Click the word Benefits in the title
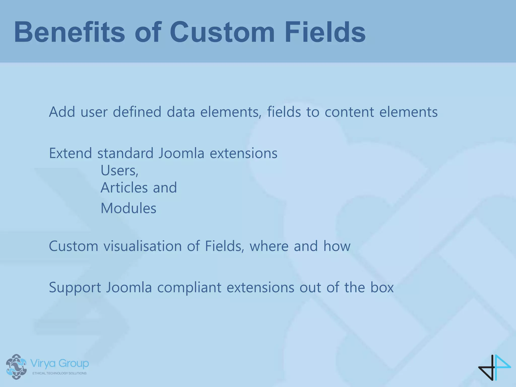point(70,32)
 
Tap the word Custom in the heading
point(222,32)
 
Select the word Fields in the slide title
point(325,32)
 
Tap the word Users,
point(119,171)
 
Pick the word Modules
point(128,208)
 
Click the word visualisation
point(143,246)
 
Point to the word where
point(269,246)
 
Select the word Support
point(75,287)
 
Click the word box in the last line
point(382,287)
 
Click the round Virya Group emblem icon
point(16,367)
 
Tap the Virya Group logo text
point(59,364)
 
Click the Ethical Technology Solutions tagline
point(59,373)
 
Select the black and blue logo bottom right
point(494,367)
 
